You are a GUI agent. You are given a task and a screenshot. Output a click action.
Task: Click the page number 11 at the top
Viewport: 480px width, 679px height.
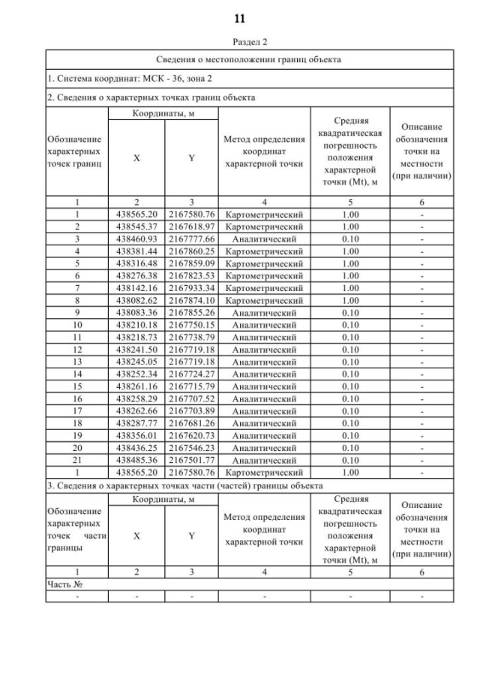[x=239, y=18]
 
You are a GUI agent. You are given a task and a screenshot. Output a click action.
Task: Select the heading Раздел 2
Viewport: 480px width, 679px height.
[x=240, y=43]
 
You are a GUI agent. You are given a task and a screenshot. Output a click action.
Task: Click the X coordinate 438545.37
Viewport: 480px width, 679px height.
[x=136, y=227]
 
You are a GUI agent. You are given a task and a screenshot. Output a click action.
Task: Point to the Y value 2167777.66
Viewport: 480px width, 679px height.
[x=192, y=239]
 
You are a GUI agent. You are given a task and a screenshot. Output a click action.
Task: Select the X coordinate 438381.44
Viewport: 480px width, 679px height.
[x=136, y=251]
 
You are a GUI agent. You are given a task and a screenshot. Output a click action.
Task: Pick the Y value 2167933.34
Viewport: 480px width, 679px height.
[x=192, y=288]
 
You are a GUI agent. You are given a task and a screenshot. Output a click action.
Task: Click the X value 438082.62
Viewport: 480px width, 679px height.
[x=136, y=300]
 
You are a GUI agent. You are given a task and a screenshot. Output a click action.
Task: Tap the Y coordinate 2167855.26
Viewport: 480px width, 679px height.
[x=192, y=313]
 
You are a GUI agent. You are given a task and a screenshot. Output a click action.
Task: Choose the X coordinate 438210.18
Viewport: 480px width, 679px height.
[x=136, y=325]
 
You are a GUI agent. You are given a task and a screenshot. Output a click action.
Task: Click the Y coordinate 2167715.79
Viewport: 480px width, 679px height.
[x=192, y=386]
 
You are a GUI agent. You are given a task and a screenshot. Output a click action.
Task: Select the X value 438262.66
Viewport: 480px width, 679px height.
[x=136, y=411]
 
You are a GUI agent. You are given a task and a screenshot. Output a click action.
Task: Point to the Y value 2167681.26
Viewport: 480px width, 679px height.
[x=192, y=423]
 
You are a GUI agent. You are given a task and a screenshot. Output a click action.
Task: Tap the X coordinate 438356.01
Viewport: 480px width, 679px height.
[x=136, y=436]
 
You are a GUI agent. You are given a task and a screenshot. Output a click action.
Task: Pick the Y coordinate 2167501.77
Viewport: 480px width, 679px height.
[x=192, y=461]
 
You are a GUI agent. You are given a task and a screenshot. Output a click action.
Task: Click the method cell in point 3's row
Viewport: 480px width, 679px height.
[x=264, y=239]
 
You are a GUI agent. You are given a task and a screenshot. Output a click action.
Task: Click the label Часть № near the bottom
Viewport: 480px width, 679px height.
[x=64, y=584]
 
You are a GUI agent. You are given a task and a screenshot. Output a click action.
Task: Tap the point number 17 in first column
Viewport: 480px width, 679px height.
[x=76, y=411]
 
